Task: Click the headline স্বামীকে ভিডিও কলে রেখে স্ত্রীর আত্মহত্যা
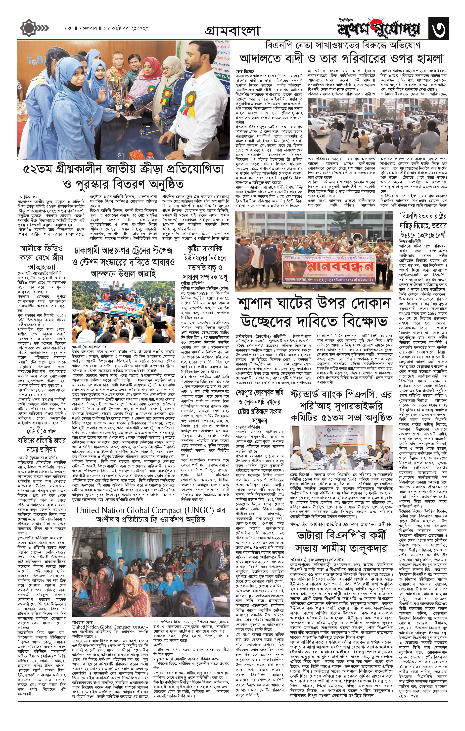(x=41, y=258)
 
